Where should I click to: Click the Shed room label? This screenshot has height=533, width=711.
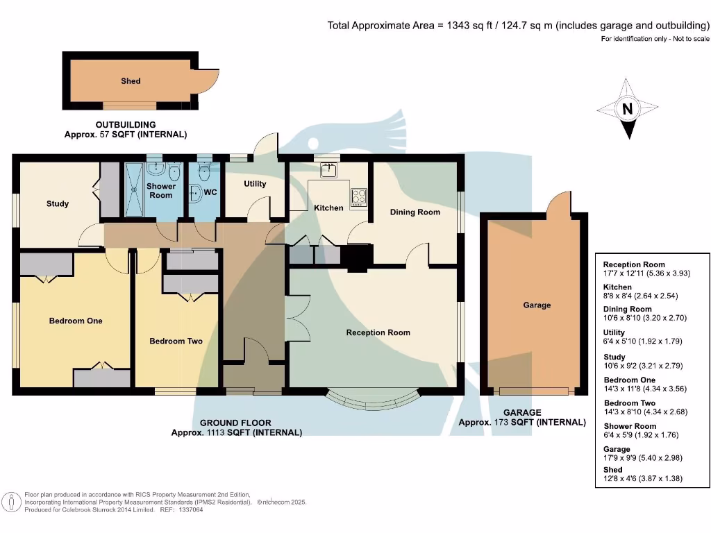point(131,81)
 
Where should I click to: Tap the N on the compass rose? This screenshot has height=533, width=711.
point(627,109)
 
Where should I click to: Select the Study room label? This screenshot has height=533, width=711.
point(58,204)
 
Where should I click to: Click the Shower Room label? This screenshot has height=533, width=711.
point(160,191)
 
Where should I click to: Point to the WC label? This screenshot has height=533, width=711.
point(210,192)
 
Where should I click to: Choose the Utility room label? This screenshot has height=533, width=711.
point(255,185)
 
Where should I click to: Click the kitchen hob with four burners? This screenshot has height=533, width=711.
point(359,196)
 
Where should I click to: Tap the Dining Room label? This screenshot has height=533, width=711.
point(415,212)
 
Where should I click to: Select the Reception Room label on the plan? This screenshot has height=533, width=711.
point(378,332)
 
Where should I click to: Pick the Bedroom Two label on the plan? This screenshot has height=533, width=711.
point(176,341)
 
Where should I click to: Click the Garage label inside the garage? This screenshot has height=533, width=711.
point(537,305)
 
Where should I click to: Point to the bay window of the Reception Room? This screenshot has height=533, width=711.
point(374,399)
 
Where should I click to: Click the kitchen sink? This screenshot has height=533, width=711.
point(328,169)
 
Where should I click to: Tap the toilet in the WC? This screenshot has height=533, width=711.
point(204,169)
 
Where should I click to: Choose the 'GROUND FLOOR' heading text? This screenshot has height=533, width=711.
point(235,423)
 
